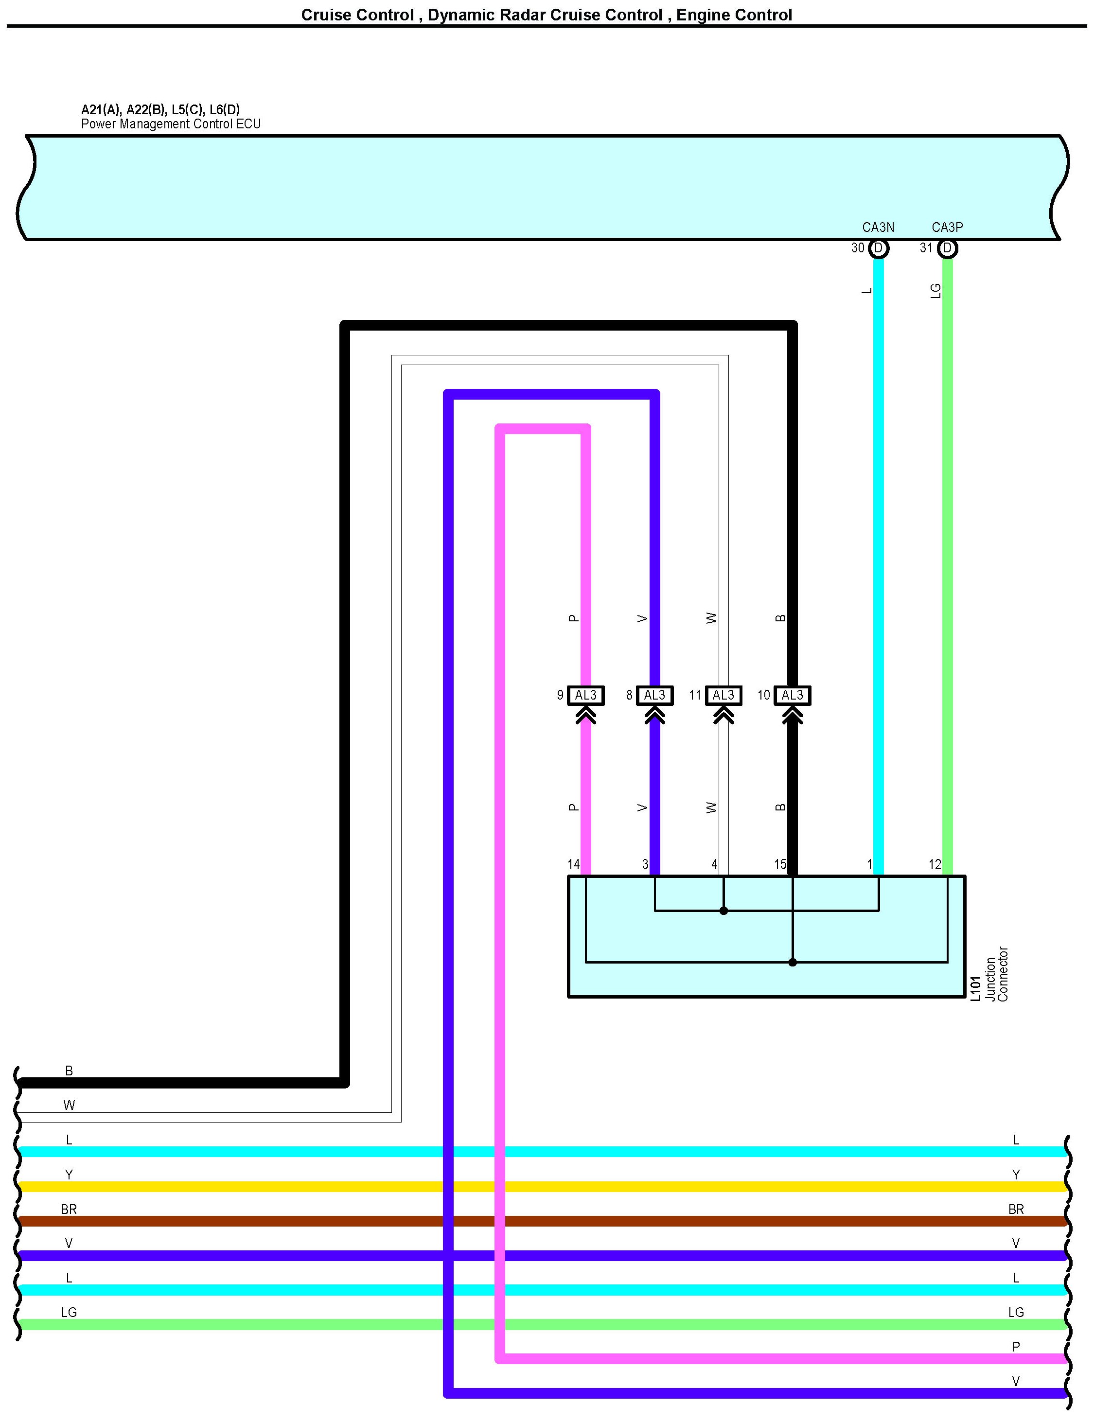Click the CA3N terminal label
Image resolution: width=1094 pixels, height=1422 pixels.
[878, 227]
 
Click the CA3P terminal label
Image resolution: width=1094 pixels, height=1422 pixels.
[947, 227]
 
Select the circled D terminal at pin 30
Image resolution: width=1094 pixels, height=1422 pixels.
[879, 248]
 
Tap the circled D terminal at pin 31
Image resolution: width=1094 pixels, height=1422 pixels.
[948, 248]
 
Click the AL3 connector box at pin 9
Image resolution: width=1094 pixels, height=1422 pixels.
[585, 695]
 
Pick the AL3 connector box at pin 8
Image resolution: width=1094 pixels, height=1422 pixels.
[654, 695]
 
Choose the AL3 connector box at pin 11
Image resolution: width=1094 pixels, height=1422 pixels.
[723, 695]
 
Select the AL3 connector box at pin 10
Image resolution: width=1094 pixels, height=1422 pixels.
[793, 695]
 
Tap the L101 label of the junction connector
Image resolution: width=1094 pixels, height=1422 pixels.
[975, 988]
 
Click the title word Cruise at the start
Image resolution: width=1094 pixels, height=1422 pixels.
[324, 15]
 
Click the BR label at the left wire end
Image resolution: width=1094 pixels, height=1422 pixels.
[69, 1209]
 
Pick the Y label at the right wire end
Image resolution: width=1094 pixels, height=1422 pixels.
[1016, 1175]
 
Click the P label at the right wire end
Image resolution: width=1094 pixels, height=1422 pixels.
[1016, 1347]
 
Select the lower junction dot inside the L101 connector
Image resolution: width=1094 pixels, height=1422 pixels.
[793, 962]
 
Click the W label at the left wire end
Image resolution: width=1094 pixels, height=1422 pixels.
[69, 1105]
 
